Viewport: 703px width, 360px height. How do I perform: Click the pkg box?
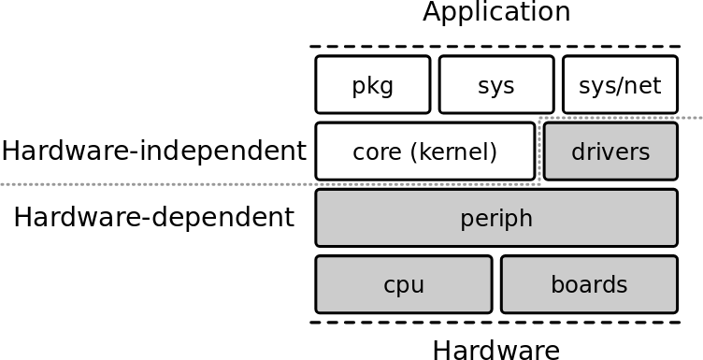[x=373, y=85]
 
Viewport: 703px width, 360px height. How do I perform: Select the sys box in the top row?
[x=496, y=85]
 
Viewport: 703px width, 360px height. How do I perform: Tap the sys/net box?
[x=620, y=85]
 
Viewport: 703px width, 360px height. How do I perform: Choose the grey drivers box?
[x=610, y=151]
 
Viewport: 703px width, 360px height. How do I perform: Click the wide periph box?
[x=496, y=218]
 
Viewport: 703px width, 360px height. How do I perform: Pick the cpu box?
[x=404, y=284]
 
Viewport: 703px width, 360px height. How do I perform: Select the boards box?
[x=589, y=284]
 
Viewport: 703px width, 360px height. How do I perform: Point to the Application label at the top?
[x=496, y=13]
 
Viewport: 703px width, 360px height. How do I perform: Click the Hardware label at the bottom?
[x=496, y=350]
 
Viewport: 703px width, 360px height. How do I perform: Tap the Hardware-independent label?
[x=153, y=151]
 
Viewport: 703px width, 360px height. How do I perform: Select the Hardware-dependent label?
[x=153, y=218]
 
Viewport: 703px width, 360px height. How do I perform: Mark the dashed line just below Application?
[x=496, y=47]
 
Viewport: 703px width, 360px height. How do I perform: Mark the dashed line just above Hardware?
[x=496, y=323]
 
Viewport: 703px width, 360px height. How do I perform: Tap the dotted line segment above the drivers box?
[x=622, y=118]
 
